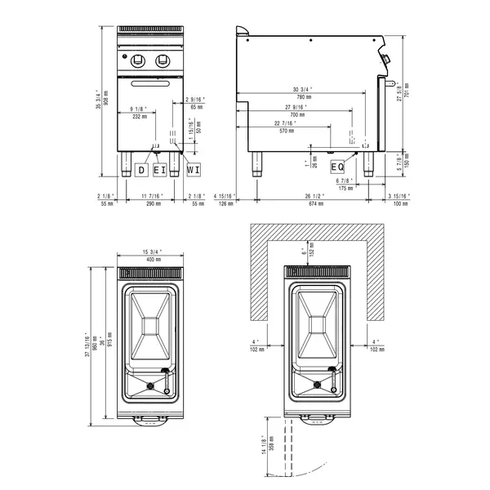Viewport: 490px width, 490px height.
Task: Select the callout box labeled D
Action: click(141, 170)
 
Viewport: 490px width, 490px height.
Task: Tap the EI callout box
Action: click(160, 170)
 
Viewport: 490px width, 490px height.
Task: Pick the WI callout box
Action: click(194, 170)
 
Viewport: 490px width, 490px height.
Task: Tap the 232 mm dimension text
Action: click(138, 117)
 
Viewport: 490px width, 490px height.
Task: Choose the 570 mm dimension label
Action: click(286, 131)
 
